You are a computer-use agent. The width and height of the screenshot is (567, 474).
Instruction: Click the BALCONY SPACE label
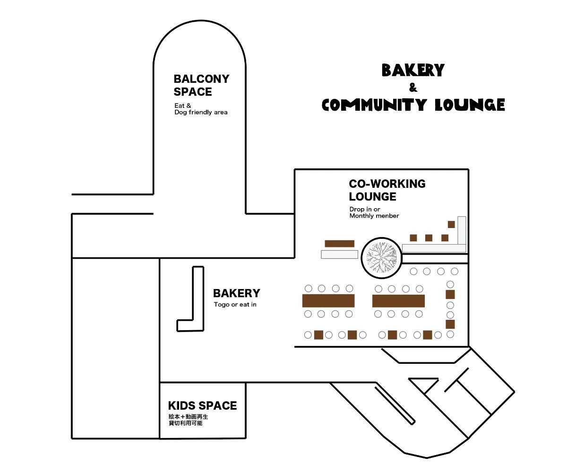[201, 85]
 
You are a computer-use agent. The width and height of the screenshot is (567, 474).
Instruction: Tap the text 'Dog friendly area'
[201, 113]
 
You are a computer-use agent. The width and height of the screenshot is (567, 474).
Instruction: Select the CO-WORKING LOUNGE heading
[387, 190]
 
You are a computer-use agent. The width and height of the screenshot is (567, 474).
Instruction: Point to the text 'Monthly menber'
[374, 216]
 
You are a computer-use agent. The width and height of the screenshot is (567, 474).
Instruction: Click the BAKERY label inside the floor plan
[236, 293]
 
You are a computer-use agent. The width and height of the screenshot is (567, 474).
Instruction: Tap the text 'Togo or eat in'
[235, 305]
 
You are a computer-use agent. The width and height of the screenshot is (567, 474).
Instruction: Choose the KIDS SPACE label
[202, 406]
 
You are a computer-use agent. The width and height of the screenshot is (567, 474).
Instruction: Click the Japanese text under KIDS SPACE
[188, 420]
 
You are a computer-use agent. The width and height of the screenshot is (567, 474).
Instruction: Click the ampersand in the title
[413, 88]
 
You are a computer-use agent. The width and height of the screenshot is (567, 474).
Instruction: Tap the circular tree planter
[381, 258]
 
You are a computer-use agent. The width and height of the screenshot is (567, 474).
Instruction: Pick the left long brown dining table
[328, 301]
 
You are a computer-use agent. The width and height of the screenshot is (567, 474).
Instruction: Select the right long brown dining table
[398, 301]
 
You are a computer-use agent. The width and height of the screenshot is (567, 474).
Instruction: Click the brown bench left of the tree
[339, 244]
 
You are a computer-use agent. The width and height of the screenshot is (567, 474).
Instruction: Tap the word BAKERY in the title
[413, 70]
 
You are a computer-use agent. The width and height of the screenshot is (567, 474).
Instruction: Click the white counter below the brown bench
[339, 255]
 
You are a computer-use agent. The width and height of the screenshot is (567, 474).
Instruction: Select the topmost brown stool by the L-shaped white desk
[451, 224]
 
